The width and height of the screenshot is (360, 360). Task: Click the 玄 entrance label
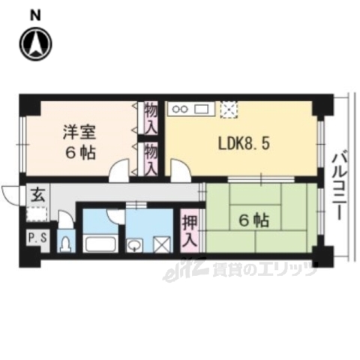(37, 193)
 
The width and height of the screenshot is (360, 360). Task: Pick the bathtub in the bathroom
(99, 244)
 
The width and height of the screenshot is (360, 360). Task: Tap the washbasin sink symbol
(136, 244)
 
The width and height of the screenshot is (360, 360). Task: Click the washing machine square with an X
(161, 244)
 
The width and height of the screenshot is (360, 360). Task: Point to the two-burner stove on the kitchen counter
(181, 109)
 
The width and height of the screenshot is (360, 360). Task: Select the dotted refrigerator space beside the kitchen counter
(229, 109)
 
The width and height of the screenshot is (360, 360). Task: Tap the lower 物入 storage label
(151, 160)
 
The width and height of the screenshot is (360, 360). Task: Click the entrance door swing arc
(10, 194)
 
